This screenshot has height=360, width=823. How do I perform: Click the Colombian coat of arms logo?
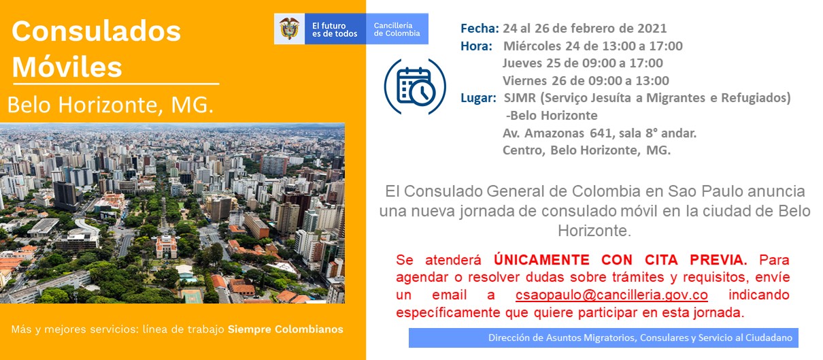click(289, 29)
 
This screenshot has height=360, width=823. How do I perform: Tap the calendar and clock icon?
click(415, 87)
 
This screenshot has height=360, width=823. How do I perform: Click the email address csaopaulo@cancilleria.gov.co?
click(611, 295)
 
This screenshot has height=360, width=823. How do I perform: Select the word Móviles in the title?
click(67, 67)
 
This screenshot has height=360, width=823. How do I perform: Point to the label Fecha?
click(480, 29)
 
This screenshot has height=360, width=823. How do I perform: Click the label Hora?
click(476, 46)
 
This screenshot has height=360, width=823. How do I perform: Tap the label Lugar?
click(478, 98)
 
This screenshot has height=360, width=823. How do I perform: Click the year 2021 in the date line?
click(652, 29)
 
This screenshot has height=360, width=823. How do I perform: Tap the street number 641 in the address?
click(601, 133)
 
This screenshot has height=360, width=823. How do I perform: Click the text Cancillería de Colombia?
click(397, 29)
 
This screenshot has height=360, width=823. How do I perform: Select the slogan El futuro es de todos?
click(335, 30)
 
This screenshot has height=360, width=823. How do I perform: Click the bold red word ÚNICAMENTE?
click(541, 259)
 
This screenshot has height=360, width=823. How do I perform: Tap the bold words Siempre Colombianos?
click(286, 329)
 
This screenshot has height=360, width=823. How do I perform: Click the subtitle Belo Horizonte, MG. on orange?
click(110, 105)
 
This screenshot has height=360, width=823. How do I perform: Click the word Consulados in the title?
click(97, 31)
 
